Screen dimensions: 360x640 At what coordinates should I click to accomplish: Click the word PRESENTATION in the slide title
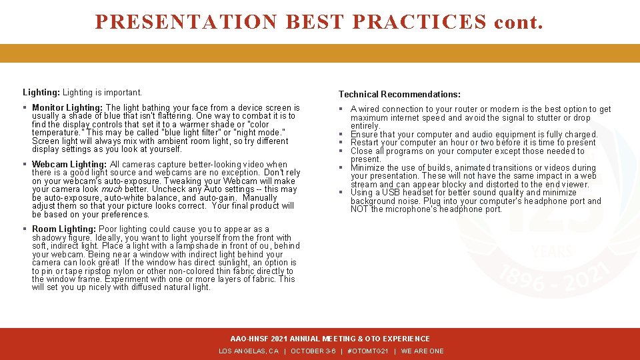186,21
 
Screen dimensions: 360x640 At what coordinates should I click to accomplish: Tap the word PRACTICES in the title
419,21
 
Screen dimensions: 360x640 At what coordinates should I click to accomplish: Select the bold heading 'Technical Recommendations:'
399,95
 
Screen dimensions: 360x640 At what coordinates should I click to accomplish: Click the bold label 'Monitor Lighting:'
67,108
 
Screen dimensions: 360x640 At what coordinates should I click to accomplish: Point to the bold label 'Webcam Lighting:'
69,165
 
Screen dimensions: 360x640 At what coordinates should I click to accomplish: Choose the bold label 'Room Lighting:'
63,229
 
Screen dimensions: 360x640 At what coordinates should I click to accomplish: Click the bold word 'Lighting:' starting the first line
41,93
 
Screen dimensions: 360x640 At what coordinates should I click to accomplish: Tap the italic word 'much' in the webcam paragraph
111,189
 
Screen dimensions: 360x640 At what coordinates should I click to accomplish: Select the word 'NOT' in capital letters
359,209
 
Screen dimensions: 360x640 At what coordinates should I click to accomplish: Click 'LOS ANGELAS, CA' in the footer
249,351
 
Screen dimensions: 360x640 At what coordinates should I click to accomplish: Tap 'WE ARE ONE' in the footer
422,351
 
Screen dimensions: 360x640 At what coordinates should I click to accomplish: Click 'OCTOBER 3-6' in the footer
313,351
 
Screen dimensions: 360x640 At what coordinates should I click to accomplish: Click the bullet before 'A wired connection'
340,109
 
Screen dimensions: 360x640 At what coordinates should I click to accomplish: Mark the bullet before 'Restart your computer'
340,143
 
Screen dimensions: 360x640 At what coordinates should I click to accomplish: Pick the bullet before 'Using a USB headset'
340,193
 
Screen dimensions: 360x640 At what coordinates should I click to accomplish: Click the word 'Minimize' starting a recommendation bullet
367,168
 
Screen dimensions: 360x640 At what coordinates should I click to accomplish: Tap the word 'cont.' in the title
519,21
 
